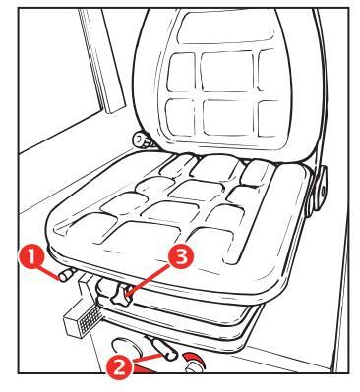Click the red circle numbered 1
click(31, 256)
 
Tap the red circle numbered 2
click(120, 367)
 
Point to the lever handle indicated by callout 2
click(162, 348)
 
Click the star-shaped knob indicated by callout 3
click(120, 296)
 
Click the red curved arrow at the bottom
click(194, 358)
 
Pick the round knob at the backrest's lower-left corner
click(142, 140)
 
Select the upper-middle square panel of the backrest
click(226, 72)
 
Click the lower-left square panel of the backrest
click(180, 118)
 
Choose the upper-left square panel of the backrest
click(182, 72)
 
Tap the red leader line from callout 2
click(149, 358)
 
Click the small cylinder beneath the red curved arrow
click(194, 366)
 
